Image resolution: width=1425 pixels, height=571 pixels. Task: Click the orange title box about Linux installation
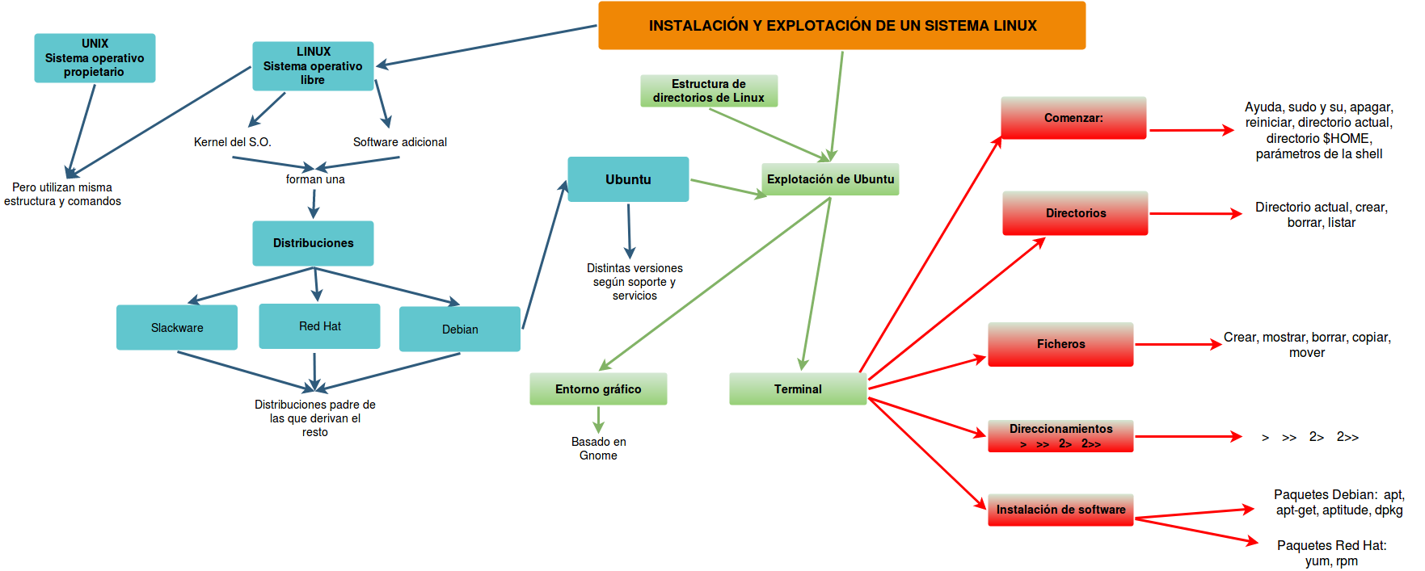[841, 26]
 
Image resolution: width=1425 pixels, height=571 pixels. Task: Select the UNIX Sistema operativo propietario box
[95, 58]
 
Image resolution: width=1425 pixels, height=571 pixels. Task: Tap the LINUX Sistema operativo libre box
[313, 66]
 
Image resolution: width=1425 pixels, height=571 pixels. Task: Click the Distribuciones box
[313, 243]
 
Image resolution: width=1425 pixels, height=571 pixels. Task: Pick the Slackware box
[177, 328]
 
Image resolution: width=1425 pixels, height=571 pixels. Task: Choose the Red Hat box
[319, 326]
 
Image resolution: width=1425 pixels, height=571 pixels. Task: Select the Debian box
[460, 330]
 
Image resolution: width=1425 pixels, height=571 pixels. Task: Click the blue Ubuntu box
[628, 179]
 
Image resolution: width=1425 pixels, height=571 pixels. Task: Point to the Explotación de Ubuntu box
[830, 179]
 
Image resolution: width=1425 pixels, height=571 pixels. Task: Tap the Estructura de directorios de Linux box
[709, 91]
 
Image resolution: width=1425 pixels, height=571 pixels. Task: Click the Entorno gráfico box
[598, 389]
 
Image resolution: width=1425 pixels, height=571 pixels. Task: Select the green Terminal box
[798, 389]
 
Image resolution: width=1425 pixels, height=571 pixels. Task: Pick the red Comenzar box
[1073, 118]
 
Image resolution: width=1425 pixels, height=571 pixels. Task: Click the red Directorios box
[1075, 213]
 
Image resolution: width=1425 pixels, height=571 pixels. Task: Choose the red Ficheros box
[1060, 344]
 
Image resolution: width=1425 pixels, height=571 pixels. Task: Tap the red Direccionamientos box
[1060, 436]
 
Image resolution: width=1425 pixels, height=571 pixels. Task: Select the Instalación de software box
[1060, 510]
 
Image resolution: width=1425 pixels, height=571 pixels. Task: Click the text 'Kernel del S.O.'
[233, 142]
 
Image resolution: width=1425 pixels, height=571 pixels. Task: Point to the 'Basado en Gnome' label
[598, 448]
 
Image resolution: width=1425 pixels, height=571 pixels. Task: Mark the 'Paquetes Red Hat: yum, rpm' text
[1331, 553]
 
